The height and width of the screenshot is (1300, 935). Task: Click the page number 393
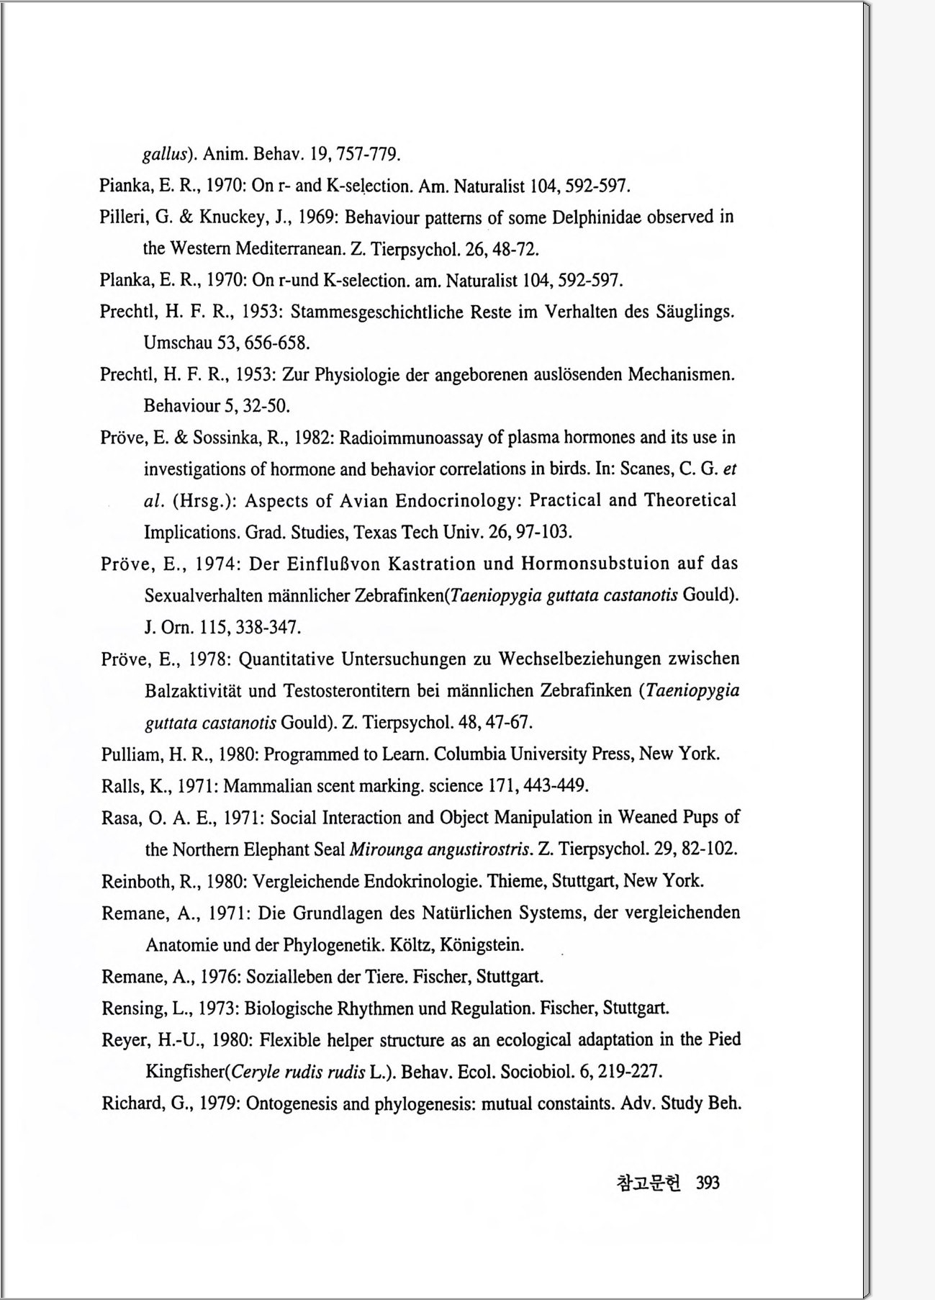tap(708, 1183)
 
